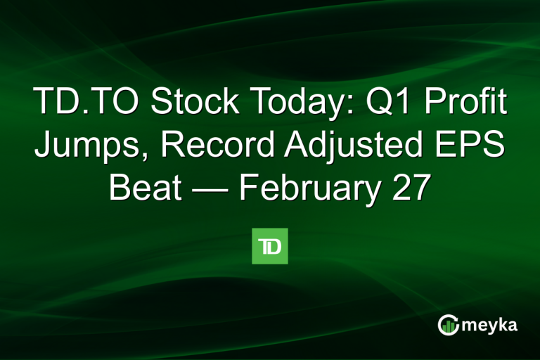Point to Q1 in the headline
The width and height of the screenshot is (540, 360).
(384, 104)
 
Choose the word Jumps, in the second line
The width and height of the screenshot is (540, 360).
(93, 147)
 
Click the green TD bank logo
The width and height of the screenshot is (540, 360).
(270, 246)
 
